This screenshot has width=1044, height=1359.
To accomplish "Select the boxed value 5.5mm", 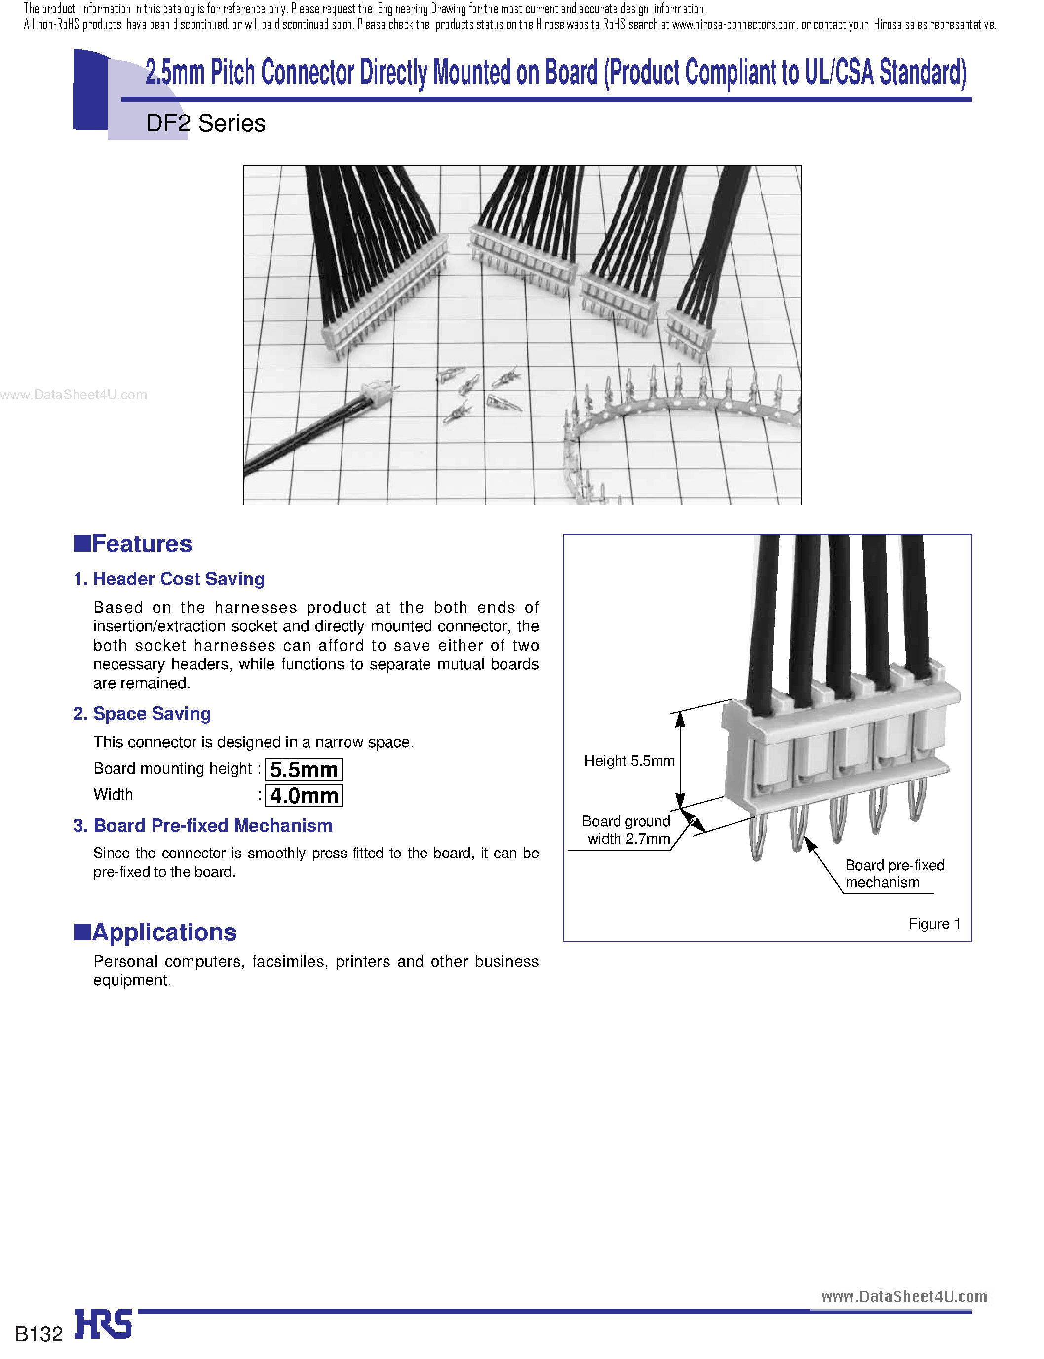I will click(x=303, y=769).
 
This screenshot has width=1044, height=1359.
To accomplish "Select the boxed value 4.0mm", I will click(x=303, y=795).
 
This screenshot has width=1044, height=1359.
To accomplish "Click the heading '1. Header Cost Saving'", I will click(x=169, y=579).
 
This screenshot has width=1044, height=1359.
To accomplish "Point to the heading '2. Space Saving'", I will click(x=142, y=713).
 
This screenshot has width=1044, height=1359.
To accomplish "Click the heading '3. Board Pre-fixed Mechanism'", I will click(x=203, y=825).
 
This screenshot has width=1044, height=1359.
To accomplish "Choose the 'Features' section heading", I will click(x=134, y=544).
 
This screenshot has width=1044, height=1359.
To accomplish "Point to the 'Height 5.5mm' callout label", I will click(x=629, y=761).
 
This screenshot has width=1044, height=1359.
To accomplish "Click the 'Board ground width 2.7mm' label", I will click(x=626, y=830).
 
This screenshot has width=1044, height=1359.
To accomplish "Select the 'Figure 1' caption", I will click(x=934, y=924).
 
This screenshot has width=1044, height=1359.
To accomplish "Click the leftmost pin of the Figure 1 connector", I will click(x=756, y=838).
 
